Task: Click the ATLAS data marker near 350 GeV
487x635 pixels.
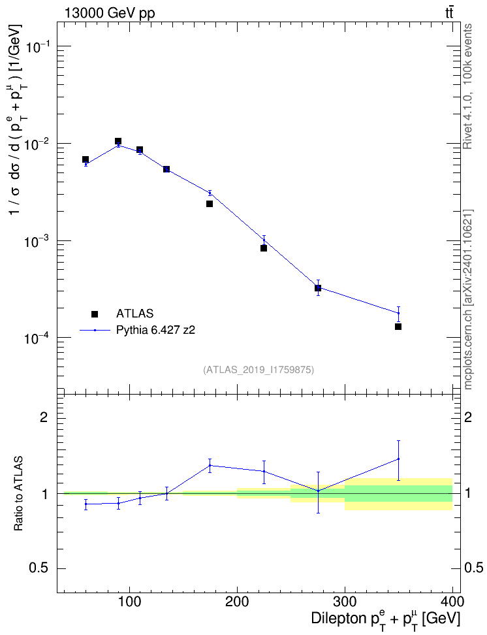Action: point(398,327)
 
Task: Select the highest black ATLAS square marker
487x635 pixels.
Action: point(118,141)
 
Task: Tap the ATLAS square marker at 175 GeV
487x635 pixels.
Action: point(210,204)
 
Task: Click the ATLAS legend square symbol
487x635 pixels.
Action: point(95,314)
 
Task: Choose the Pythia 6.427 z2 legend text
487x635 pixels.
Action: point(155,330)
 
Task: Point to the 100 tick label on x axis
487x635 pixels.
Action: point(129,602)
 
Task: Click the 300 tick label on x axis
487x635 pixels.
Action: point(345,602)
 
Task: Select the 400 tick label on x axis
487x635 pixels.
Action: point(452,602)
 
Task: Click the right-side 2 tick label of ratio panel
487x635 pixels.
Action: point(468,417)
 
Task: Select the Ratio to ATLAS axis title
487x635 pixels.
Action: point(18,493)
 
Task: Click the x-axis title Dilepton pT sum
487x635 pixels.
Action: point(385,619)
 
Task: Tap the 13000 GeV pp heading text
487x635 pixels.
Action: point(110,13)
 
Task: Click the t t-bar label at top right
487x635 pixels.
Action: point(449,12)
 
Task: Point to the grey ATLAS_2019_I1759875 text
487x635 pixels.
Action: point(259,370)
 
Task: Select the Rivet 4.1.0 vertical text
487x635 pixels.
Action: point(467,86)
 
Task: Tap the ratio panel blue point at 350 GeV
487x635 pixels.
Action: point(398,459)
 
